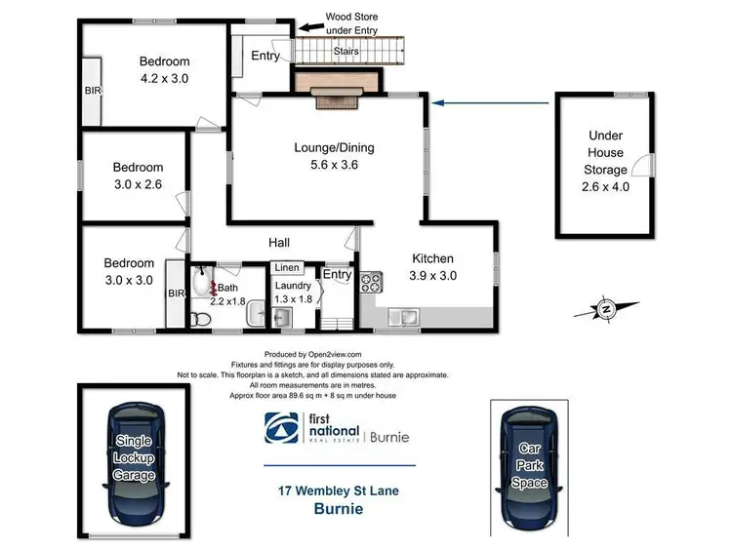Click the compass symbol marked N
tap(606, 310)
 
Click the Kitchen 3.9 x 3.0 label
tap(432, 267)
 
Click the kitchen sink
tap(402, 316)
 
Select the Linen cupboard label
tap(286, 267)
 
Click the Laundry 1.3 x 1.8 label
tap(293, 293)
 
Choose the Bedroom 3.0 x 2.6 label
tap(138, 176)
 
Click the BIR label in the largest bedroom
tap(94, 90)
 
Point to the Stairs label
tap(346, 52)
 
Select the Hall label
tap(281, 242)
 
